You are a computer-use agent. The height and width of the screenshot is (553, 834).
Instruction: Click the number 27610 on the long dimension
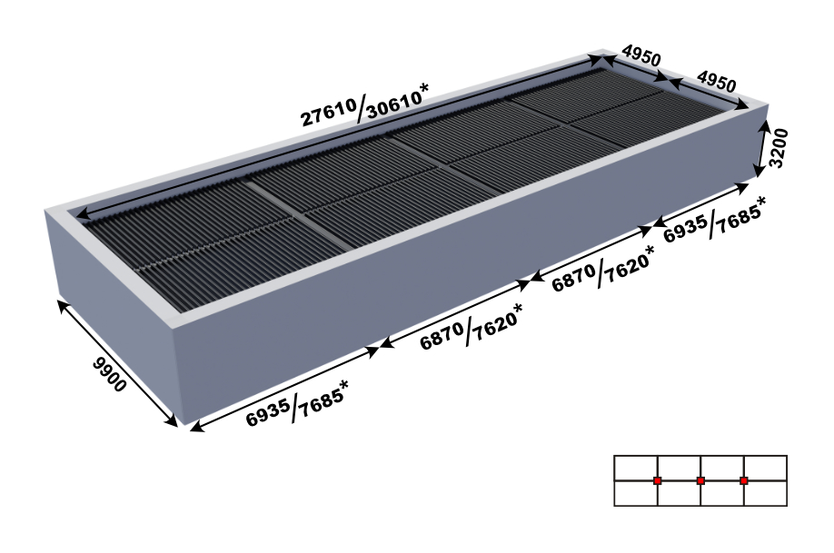329,113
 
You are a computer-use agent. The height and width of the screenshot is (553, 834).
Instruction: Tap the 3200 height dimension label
779,148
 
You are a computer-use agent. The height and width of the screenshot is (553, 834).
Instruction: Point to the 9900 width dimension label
110,374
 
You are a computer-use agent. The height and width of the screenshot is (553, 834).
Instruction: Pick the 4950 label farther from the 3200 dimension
642,54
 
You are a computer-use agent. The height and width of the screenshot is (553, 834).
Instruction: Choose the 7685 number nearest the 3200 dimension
738,219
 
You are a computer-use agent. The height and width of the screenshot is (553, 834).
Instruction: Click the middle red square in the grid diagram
700,480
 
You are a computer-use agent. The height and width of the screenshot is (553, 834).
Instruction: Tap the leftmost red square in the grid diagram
658,480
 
